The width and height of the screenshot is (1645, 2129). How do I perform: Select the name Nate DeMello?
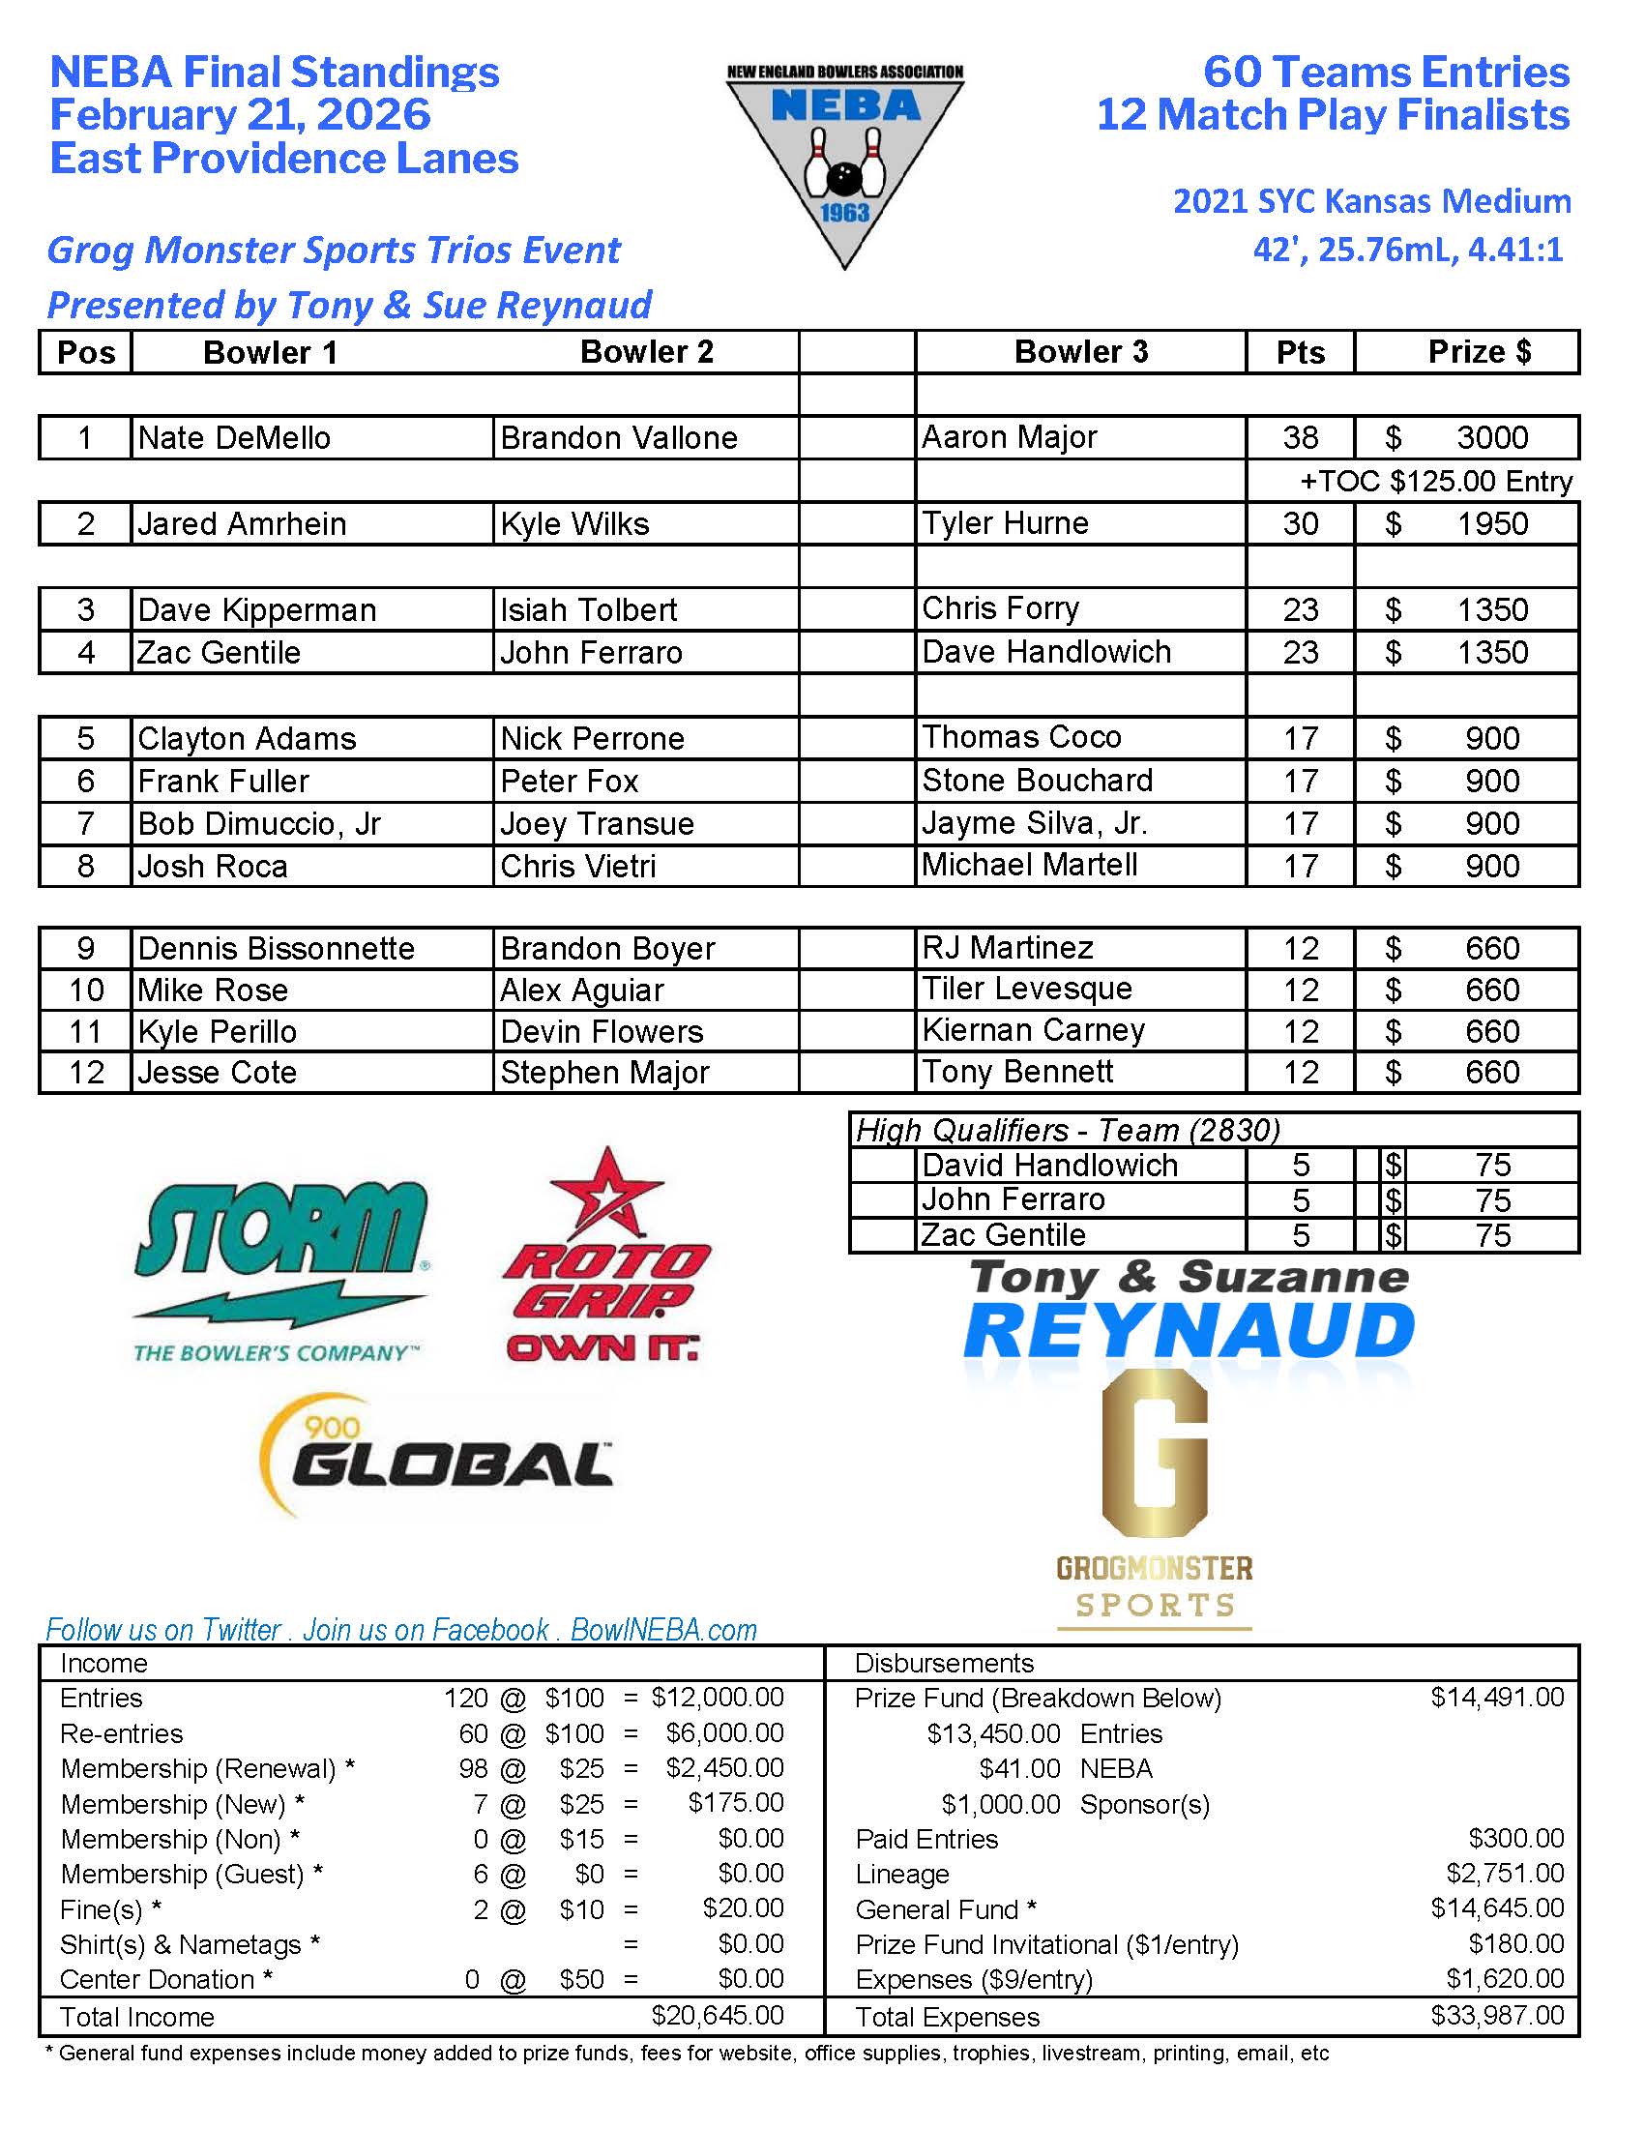(x=234, y=437)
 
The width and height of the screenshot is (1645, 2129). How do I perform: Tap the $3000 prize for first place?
(x=1491, y=437)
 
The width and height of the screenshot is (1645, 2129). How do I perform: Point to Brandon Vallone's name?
(x=618, y=437)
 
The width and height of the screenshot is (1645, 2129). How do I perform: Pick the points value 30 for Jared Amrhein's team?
(x=1300, y=523)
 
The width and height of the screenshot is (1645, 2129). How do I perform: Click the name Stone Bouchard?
(x=1037, y=780)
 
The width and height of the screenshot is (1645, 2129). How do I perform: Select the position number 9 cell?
(x=86, y=948)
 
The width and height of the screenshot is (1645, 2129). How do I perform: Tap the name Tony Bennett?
(x=1016, y=1072)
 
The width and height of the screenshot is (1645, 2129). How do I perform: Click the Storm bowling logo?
(x=279, y=1267)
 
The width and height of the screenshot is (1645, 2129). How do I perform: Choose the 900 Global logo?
(x=436, y=1460)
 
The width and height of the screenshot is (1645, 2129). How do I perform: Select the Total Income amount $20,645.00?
(x=718, y=2015)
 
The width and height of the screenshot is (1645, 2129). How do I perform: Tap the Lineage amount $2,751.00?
(x=1505, y=1873)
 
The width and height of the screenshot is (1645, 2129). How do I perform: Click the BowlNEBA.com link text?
(x=663, y=1630)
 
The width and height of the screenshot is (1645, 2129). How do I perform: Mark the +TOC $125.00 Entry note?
(x=1435, y=482)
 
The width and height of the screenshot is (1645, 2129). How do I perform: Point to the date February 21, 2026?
(x=240, y=114)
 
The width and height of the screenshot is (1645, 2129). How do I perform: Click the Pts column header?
(x=1300, y=352)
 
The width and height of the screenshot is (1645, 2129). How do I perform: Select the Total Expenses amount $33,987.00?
(x=1497, y=2015)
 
